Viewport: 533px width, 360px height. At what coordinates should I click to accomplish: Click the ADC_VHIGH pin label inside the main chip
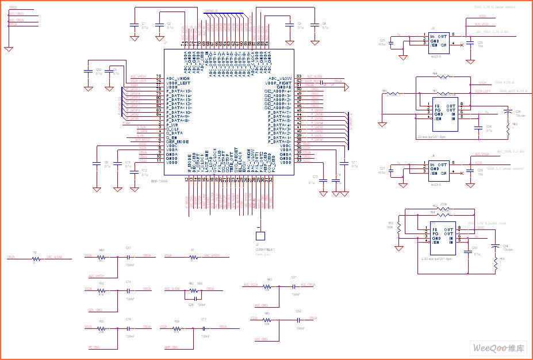click(178, 78)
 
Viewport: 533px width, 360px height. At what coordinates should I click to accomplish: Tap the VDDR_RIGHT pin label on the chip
click(278, 83)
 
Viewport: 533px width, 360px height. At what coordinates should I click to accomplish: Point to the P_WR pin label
click(172, 124)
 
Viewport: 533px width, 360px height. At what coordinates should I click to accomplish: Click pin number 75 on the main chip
click(158, 77)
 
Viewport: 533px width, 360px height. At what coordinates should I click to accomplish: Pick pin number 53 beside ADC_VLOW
click(299, 76)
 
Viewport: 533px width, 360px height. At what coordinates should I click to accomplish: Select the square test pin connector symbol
click(260, 236)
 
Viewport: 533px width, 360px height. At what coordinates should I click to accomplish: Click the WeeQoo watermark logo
click(499, 348)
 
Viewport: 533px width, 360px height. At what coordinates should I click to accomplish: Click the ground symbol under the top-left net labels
click(8, 49)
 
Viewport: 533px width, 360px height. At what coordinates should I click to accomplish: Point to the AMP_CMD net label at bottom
click(171, 346)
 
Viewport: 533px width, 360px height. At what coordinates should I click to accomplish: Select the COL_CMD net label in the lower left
click(95, 309)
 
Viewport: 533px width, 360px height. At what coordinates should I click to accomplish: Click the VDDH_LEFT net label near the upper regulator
click(482, 91)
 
